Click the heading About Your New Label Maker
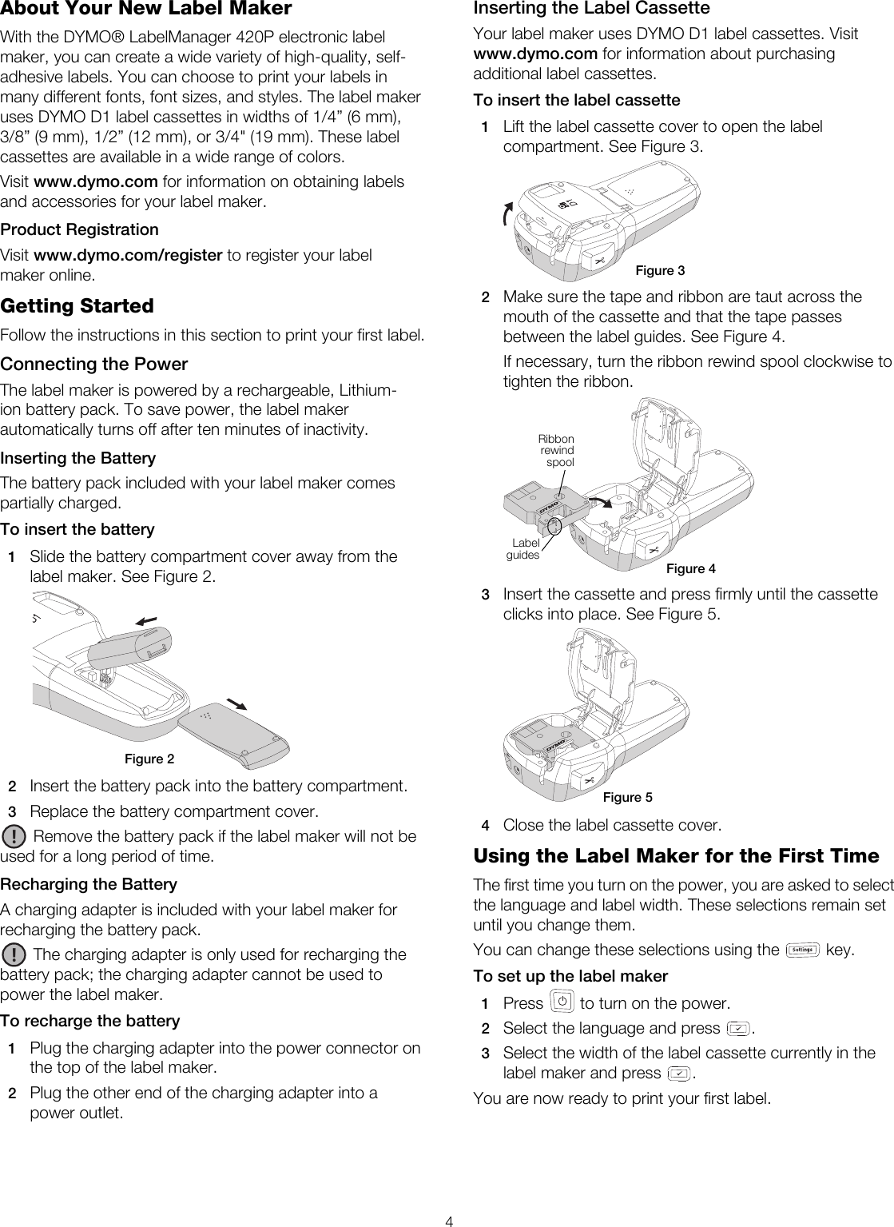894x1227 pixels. [145, 10]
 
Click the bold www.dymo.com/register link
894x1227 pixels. [127, 256]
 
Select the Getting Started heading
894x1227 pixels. [77, 306]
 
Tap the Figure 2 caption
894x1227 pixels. [149, 759]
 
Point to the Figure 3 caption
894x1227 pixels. [660, 270]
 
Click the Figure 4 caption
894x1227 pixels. [691, 568]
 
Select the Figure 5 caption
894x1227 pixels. [627, 797]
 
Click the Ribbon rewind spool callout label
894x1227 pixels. [556, 451]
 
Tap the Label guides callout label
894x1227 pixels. [524, 549]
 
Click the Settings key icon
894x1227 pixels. [803, 950]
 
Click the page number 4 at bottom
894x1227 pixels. [450, 1221]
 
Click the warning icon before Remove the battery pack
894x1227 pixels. [14, 837]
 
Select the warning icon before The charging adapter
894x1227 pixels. [14, 954]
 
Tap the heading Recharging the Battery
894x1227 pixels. [89, 884]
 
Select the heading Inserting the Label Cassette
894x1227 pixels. [591, 9]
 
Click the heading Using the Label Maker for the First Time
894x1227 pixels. [676, 856]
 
